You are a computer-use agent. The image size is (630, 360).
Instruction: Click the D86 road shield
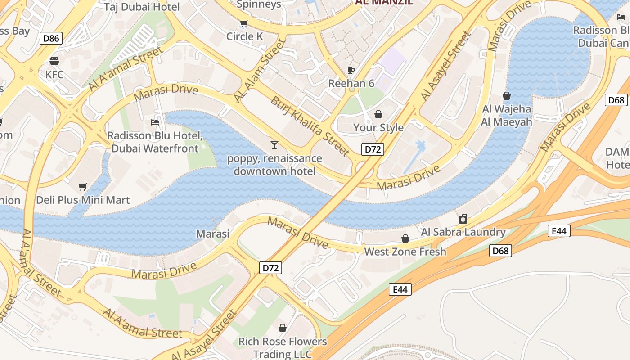[51, 38]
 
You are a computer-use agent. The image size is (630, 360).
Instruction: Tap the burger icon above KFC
[54, 61]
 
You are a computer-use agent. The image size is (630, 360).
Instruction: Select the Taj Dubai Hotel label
[142, 7]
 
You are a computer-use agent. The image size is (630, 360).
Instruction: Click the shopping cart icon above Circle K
[244, 23]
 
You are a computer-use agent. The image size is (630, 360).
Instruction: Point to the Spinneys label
[259, 4]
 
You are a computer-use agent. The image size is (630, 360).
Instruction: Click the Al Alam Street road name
[260, 70]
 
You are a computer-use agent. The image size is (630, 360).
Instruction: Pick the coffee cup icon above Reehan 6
[351, 70]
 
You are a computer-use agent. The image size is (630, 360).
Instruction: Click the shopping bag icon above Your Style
[378, 114]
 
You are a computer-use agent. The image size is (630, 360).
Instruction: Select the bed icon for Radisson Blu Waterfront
[155, 122]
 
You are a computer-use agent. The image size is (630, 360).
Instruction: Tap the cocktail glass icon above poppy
[274, 144]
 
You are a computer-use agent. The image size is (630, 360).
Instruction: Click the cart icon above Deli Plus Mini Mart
[83, 187]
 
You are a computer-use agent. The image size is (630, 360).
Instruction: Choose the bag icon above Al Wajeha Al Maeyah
[507, 96]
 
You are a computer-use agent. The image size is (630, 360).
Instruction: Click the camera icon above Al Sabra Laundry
[463, 219]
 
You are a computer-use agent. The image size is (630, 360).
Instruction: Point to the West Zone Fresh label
[405, 252]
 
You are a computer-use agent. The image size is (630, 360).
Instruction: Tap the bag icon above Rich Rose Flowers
[283, 328]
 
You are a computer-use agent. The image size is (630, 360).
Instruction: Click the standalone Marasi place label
[213, 234]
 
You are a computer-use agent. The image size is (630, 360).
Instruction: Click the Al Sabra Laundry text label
[463, 232]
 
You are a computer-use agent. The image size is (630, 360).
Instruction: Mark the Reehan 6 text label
[351, 83]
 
